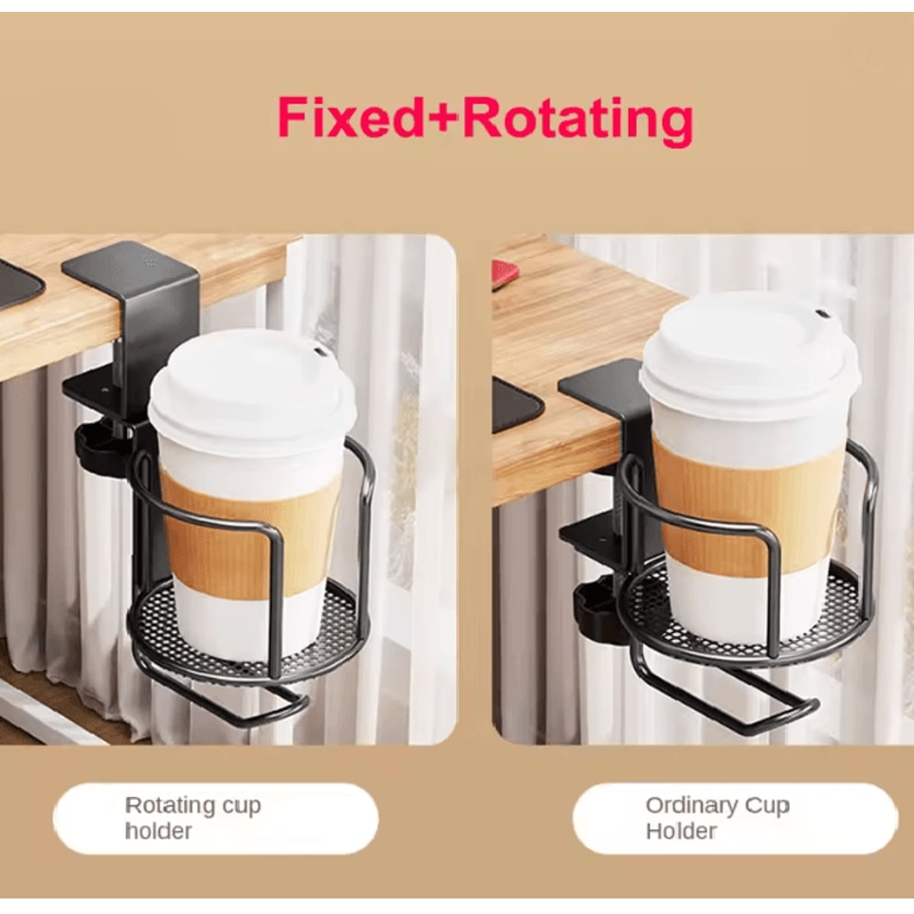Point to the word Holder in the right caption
[x=681, y=831]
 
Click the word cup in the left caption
[x=241, y=805]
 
